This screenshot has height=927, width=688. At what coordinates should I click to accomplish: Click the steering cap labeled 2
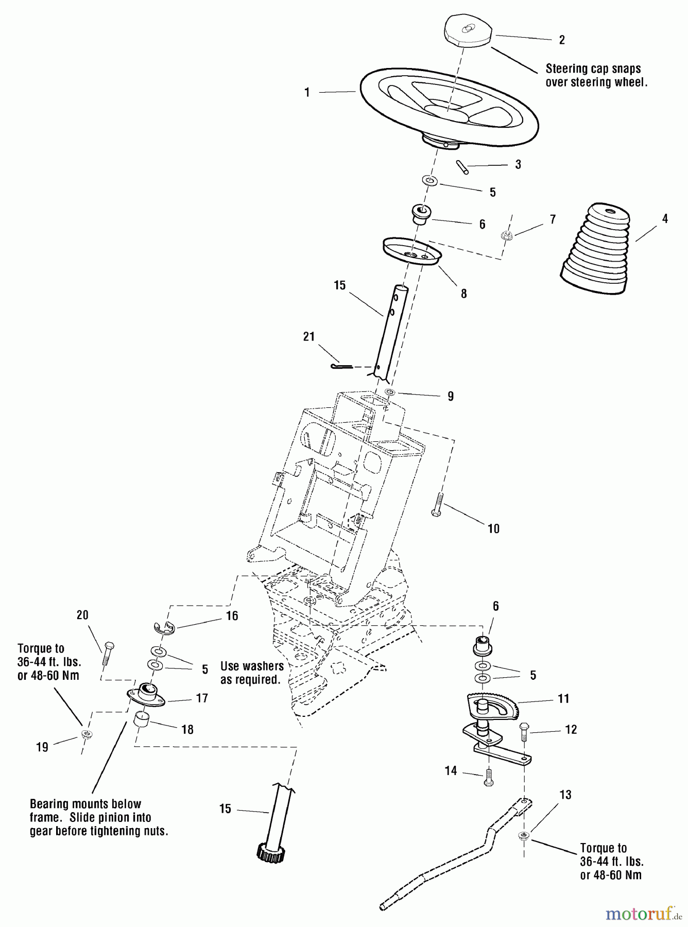[467, 31]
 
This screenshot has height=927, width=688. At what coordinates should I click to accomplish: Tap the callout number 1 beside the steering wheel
[307, 93]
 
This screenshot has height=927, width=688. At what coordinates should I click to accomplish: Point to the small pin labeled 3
[462, 167]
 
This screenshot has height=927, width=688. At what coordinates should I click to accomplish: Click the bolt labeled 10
[438, 505]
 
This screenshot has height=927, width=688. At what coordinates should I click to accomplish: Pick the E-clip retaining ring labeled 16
[164, 626]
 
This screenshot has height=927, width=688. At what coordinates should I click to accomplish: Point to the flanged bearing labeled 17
[146, 694]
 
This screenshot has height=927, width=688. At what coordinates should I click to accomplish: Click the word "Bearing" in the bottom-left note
[50, 804]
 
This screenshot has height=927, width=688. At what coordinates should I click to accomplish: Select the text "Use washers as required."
[252, 673]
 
